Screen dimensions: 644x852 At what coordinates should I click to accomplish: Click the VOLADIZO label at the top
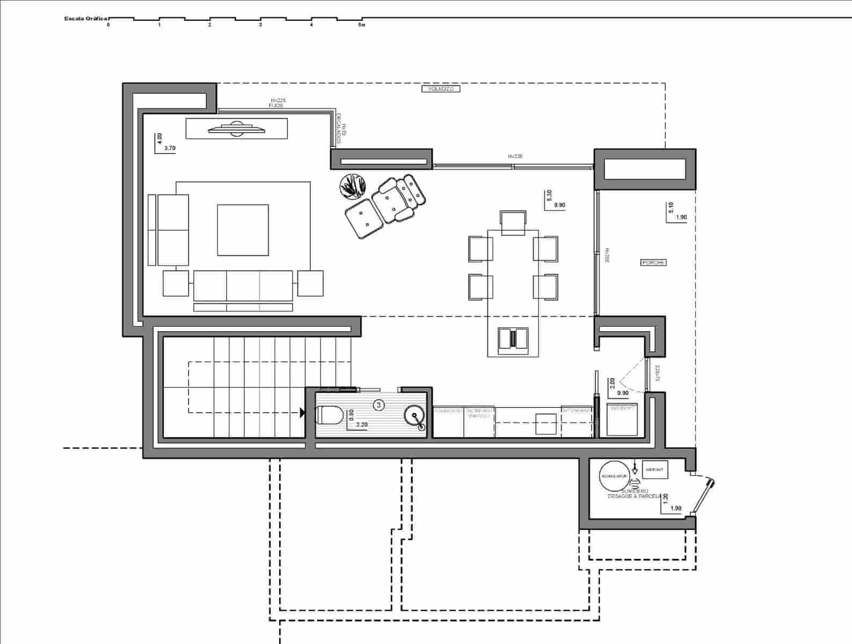pyautogui.click(x=440, y=89)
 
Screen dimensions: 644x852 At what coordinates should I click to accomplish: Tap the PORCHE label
pyautogui.click(x=653, y=262)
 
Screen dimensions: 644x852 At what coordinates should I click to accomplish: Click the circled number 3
pyautogui.click(x=379, y=405)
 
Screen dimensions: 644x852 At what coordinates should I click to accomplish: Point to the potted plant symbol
pyautogui.click(x=353, y=187)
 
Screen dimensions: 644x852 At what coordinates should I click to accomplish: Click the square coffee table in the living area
pyautogui.click(x=243, y=230)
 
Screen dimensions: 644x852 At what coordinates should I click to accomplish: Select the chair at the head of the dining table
pyautogui.click(x=513, y=223)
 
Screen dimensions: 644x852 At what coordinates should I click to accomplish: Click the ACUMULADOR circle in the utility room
pyautogui.click(x=614, y=476)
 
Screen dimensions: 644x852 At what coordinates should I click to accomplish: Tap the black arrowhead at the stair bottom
pyautogui.click(x=302, y=413)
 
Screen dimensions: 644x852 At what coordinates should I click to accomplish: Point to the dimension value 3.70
pyautogui.click(x=170, y=148)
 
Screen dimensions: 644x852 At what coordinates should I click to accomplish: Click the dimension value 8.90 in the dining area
pyautogui.click(x=559, y=205)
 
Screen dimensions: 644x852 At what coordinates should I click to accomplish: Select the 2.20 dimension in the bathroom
pyautogui.click(x=362, y=425)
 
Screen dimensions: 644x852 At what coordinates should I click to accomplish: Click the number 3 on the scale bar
pyautogui.click(x=261, y=25)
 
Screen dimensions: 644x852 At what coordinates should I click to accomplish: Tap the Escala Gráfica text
pyautogui.click(x=86, y=18)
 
